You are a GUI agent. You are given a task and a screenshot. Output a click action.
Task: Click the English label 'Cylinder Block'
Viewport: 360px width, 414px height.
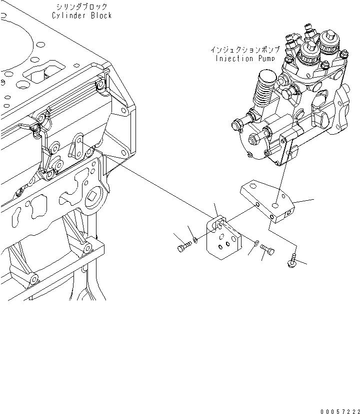81,16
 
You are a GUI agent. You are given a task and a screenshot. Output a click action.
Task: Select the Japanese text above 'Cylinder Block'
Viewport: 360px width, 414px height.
82,7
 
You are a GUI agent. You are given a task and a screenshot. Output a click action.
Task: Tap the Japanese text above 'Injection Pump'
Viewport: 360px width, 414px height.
244,50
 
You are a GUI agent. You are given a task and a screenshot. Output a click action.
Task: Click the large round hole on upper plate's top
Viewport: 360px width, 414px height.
276,205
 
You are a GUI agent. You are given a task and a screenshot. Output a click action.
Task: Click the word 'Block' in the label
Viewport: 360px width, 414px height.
100,16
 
